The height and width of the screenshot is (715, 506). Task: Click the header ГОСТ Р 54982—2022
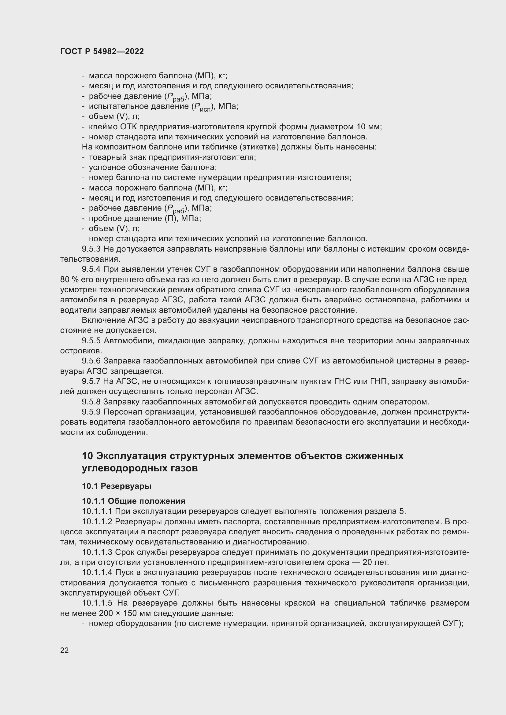102,52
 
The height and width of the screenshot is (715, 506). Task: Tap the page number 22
65,650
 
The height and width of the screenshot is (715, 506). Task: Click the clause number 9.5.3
91,249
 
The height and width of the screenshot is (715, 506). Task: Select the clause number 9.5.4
91,269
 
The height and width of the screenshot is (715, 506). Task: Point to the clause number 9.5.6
91,361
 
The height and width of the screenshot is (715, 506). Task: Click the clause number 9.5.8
91,402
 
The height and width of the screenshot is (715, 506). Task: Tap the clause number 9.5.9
91,412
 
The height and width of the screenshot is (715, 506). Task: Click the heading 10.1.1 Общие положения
133,501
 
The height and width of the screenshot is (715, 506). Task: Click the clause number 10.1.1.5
97,603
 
